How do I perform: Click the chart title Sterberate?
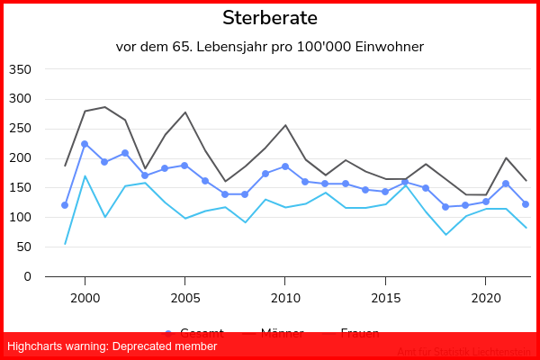tap(270, 18)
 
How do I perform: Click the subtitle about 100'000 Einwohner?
tap(270, 47)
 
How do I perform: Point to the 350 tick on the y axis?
tap(19, 69)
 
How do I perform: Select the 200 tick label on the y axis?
tap(19, 158)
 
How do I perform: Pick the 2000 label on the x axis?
tap(85, 297)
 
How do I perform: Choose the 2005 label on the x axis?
tap(185, 297)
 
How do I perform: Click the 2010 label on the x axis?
tap(285, 297)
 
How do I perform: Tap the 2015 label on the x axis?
tap(386, 297)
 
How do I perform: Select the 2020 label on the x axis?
tap(486, 297)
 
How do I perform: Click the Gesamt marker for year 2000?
tap(85, 144)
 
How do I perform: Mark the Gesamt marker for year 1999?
tap(65, 205)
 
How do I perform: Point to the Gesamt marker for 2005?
tap(184, 166)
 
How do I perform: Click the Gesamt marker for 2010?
tap(285, 166)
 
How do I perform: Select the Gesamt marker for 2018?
tap(445, 207)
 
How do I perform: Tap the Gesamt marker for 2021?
tap(506, 184)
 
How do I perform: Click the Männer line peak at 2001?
tap(104, 107)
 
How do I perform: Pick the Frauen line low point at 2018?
tap(445, 235)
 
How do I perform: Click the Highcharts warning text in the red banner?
tap(112, 346)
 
